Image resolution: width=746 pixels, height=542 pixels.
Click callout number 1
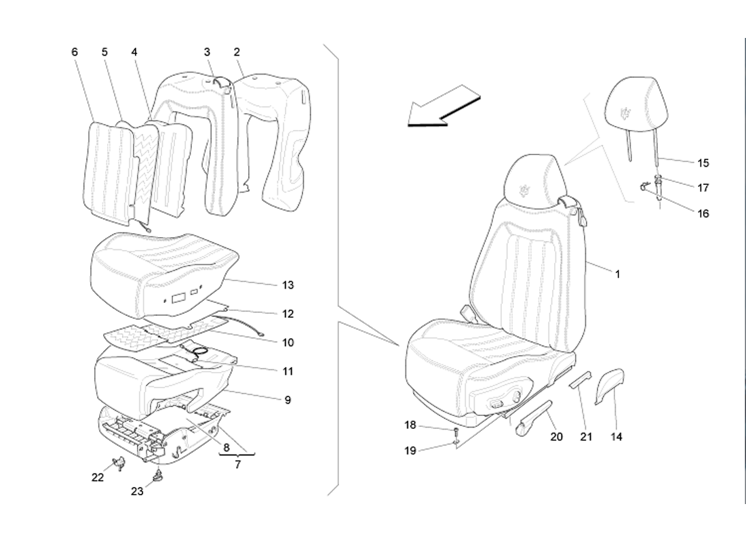(618, 274)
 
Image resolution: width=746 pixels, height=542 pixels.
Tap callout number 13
(288, 285)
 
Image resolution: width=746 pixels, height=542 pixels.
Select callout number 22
(98, 478)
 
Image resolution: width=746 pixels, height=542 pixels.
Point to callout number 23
(137, 492)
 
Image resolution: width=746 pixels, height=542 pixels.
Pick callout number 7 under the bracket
(237, 465)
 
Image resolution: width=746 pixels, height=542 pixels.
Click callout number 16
(703, 213)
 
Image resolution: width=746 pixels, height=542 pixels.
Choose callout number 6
(75, 51)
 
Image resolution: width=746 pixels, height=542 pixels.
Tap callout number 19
(410, 451)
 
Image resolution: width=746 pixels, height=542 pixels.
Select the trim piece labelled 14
(610, 385)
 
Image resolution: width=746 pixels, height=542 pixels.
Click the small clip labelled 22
(119, 462)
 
